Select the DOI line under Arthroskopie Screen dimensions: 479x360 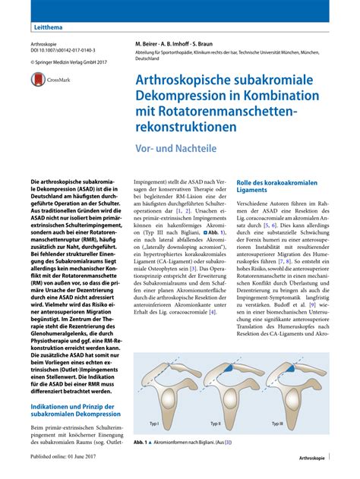tap(62, 52)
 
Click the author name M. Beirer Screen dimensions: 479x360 tap(150, 44)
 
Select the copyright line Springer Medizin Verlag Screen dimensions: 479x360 tap(71, 63)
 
